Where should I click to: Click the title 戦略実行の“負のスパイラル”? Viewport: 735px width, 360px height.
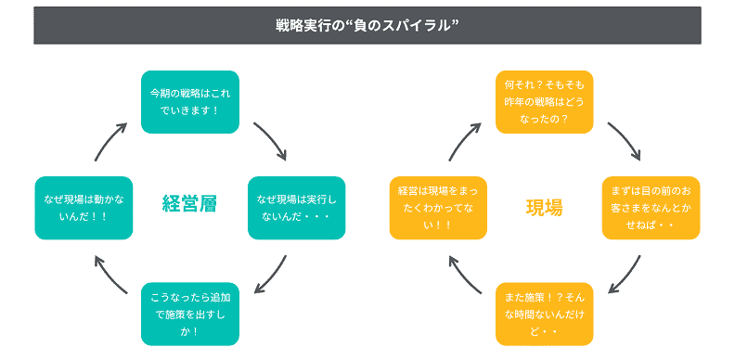tap(367, 25)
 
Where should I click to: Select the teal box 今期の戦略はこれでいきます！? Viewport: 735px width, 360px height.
tap(190, 101)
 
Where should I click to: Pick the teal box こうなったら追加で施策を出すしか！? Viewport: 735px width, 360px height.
tap(190, 313)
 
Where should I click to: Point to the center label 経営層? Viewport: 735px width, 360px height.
tap(189, 204)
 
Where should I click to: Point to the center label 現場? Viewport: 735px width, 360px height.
tap(544, 206)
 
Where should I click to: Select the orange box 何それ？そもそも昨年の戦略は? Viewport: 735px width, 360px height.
tap(544, 101)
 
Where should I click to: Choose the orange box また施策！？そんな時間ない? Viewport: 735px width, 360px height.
tap(544, 313)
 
